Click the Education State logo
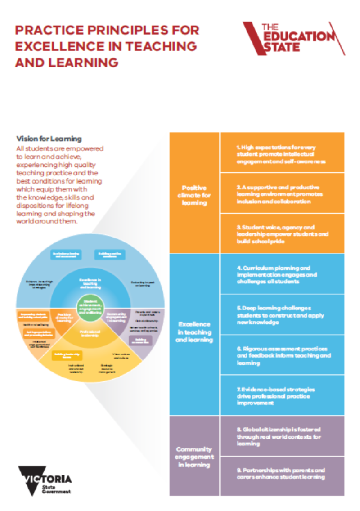click(x=294, y=39)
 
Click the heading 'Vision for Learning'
click(x=49, y=139)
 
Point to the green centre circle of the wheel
click(x=90, y=308)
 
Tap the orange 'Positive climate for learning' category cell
click(x=194, y=193)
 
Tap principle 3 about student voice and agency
click(x=282, y=234)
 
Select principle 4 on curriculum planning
click(x=282, y=275)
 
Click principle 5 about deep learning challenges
click(x=282, y=315)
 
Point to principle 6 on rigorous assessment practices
click(x=282, y=355)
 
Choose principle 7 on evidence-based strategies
click(x=282, y=396)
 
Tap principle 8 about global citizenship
click(x=282, y=436)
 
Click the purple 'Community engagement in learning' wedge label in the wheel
click(x=117, y=317)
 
